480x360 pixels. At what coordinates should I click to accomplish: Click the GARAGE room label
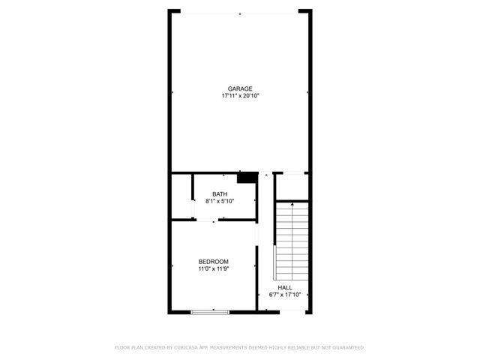click(x=240, y=88)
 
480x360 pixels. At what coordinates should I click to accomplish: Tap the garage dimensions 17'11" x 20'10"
click(x=240, y=96)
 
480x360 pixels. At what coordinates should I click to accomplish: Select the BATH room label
click(x=220, y=194)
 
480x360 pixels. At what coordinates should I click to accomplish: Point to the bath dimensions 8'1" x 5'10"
click(x=220, y=202)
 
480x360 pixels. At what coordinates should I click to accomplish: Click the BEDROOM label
click(x=213, y=261)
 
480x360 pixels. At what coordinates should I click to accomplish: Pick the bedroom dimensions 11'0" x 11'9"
click(x=213, y=268)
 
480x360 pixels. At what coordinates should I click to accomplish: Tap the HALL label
click(x=285, y=287)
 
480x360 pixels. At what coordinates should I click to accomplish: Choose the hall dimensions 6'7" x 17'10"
click(x=285, y=295)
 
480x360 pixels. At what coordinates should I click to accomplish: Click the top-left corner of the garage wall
click(x=172, y=11)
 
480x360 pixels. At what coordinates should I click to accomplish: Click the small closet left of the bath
click(x=181, y=196)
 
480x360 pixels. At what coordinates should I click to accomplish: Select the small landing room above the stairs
click(x=291, y=187)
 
